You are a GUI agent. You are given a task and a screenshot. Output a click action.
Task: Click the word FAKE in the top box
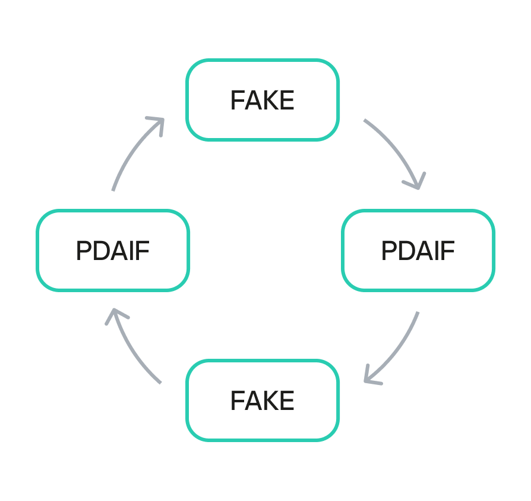click(262, 101)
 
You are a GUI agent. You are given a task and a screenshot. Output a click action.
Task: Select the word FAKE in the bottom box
click(262, 401)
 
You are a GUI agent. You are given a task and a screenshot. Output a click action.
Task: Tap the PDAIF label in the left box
click(112, 251)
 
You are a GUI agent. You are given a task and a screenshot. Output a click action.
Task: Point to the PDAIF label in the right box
click(418, 251)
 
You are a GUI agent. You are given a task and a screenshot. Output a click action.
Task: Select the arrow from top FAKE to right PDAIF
click(398, 149)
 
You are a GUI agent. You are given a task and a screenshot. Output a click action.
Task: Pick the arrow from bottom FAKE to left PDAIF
click(131, 351)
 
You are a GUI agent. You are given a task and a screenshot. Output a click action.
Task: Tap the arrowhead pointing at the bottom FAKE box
click(369, 378)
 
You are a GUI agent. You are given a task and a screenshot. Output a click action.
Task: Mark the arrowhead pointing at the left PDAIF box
click(115, 314)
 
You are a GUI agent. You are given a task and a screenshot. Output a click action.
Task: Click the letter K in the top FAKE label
click(271, 101)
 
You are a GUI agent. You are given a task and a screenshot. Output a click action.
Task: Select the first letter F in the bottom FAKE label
click(236, 401)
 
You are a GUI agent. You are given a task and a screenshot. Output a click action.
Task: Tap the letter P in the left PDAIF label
click(83, 251)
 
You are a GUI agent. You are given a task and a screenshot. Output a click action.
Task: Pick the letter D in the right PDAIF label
click(404, 251)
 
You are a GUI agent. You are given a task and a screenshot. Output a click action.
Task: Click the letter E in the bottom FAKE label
click(287, 401)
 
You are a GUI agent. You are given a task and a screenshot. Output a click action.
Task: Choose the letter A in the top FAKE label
click(252, 101)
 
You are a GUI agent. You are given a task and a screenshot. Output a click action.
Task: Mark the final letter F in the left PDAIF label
click(144, 251)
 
